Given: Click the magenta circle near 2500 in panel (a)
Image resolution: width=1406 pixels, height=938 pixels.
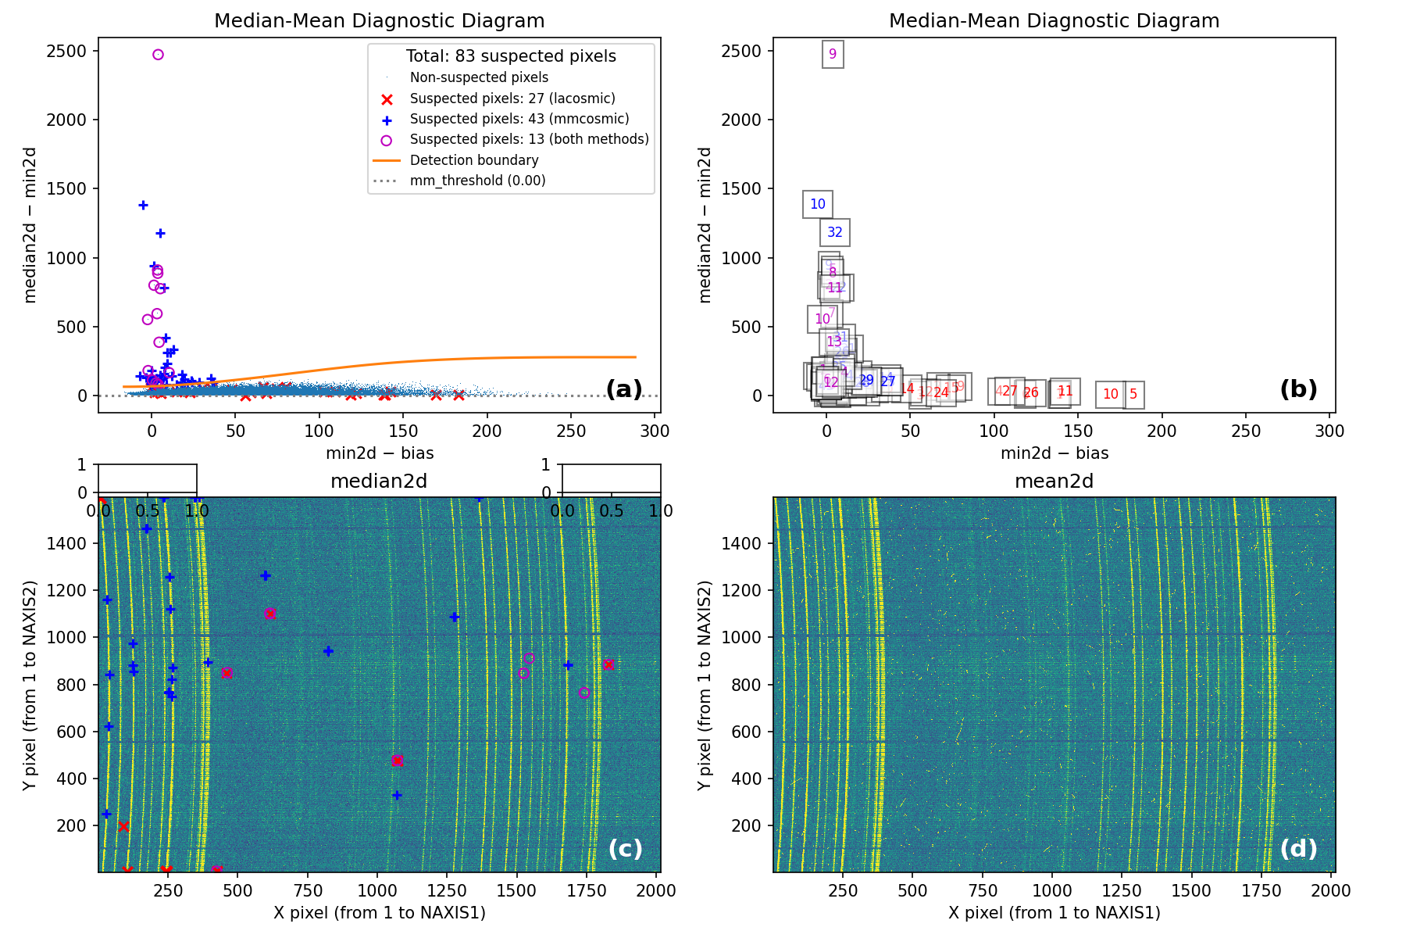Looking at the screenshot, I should tap(158, 55).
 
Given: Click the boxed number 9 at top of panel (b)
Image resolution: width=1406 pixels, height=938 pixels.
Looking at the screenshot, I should tap(833, 54).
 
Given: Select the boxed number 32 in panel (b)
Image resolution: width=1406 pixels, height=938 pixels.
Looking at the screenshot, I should tap(835, 232).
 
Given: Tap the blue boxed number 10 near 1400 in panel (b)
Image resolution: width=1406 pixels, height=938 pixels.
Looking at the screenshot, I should tap(818, 204).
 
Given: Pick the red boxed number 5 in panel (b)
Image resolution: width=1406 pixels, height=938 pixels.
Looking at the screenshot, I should tap(1133, 395).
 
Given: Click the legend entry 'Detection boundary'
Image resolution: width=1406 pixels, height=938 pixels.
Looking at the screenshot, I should tap(474, 160).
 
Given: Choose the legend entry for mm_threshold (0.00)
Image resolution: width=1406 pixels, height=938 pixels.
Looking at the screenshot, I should tap(477, 181).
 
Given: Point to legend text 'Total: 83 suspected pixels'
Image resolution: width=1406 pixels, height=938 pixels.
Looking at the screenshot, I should tap(511, 56).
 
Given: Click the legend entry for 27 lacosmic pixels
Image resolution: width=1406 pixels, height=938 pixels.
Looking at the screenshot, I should tap(512, 98).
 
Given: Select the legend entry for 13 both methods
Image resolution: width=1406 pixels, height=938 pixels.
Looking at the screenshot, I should tap(529, 139).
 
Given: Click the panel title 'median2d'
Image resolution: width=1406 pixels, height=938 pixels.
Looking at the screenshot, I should tap(379, 482).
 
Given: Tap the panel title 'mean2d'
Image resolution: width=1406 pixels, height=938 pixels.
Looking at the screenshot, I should tap(1054, 482).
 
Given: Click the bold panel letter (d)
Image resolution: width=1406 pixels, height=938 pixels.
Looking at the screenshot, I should tap(1298, 848).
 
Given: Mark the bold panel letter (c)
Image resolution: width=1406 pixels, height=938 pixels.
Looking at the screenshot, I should tap(625, 848).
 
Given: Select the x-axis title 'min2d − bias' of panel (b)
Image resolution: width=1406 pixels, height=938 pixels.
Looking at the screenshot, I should tap(1054, 453).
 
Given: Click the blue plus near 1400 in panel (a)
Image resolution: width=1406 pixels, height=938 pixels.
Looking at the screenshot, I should tap(143, 205).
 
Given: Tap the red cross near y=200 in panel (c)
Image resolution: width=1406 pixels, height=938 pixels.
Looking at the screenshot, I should tap(123, 826).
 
